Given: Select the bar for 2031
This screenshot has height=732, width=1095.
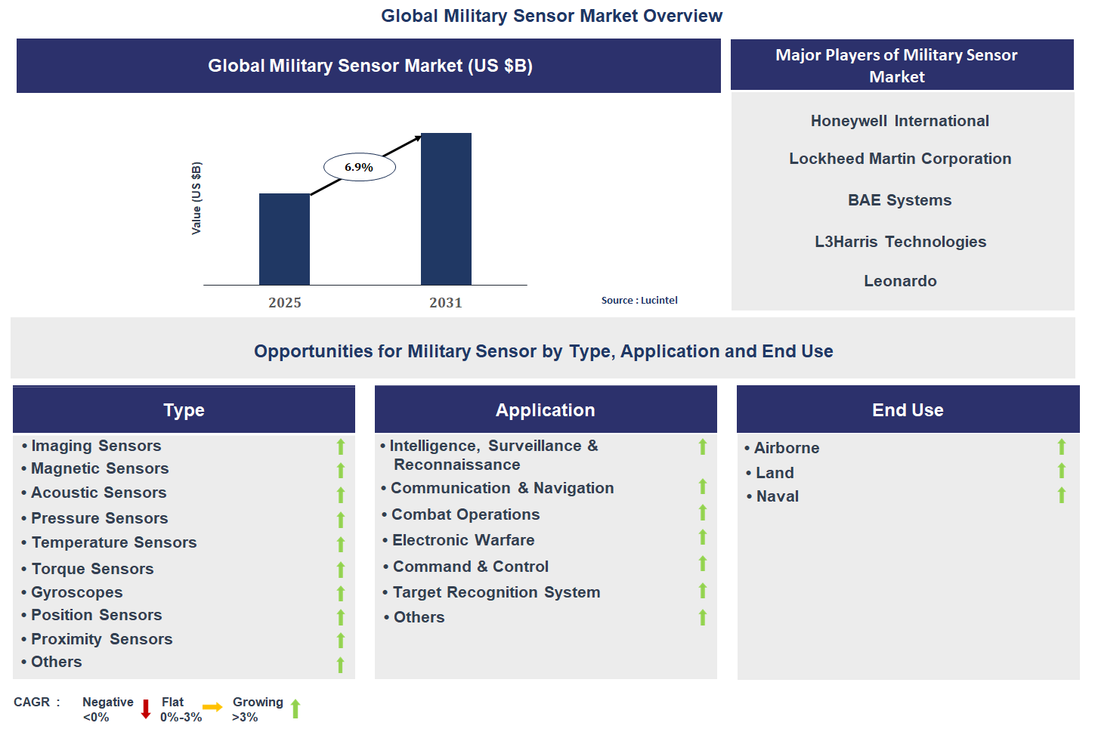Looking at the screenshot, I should (x=446, y=209).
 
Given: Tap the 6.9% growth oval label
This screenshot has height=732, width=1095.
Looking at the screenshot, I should (x=359, y=167).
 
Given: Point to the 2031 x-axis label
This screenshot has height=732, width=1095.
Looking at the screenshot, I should (x=446, y=303).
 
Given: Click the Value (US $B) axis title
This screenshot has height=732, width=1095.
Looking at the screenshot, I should (x=196, y=198).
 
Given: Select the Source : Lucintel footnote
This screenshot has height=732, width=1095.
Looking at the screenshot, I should (x=639, y=300).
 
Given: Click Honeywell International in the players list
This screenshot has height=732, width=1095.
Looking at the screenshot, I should (x=899, y=121).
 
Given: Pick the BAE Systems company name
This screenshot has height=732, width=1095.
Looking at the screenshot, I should (x=899, y=200).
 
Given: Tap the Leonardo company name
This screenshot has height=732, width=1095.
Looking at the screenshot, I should (x=900, y=281).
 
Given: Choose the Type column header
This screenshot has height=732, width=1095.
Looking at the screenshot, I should (x=184, y=410).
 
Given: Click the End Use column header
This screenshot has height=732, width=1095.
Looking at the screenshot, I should (x=908, y=410).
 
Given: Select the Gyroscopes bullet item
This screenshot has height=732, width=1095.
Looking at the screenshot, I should (x=76, y=592).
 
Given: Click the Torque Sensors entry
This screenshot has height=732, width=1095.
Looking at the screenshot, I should (x=92, y=569).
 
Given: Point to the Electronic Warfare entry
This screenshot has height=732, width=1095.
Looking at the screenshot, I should (x=463, y=540).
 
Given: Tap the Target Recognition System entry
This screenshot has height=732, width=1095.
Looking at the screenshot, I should (x=496, y=592).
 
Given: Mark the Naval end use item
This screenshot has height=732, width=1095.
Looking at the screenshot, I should (x=777, y=496).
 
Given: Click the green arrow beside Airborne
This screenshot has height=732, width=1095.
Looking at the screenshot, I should (x=1061, y=447).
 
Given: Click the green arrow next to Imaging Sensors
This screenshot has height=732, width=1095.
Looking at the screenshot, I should (x=341, y=446).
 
